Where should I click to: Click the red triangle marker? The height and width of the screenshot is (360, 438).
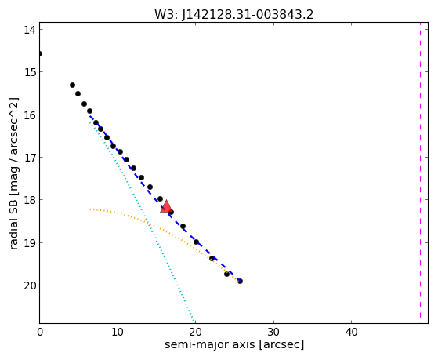click(166, 206)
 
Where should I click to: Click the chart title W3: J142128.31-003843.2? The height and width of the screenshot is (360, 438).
click(233, 15)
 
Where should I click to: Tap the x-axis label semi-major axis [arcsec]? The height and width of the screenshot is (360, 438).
click(234, 344)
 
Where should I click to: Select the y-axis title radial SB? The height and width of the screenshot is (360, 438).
click(13, 221)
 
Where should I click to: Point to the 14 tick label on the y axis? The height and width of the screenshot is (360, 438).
click(30, 30)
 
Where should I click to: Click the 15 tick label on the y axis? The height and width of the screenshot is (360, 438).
click(30, 72)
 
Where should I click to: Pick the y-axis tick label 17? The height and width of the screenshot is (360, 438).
click(30, 158)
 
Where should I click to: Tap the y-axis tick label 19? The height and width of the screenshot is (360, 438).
click(30, 242)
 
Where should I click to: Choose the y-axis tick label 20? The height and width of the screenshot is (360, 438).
click(30, 285)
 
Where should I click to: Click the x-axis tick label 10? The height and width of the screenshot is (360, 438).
click(118, 332)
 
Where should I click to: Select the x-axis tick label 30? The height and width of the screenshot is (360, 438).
click(273, 332)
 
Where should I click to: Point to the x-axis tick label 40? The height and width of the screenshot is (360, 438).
click(351, 332)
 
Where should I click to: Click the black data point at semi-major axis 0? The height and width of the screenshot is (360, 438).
click(40, 53)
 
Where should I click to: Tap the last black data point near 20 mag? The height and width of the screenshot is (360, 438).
click(240, 281)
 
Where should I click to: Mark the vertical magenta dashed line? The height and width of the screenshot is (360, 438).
click(420, 173)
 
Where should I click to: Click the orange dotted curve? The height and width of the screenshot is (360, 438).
click(157, 226)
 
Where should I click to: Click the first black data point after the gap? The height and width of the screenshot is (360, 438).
click(72, 85)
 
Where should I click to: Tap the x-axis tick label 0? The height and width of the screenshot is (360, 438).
click(40, 332)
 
